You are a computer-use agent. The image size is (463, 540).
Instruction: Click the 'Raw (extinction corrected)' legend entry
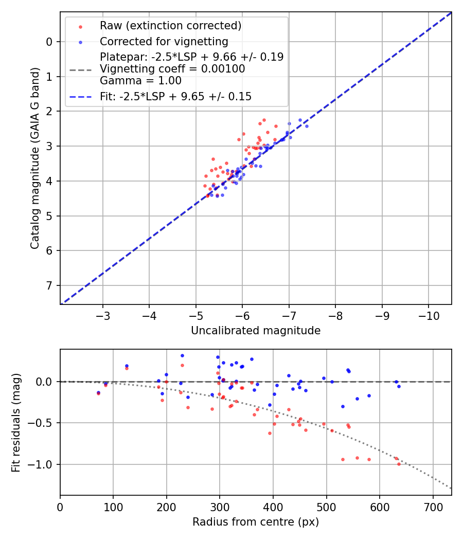pyautogui.click(x=170, y=26)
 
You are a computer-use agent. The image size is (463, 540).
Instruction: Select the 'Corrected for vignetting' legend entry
pyautogui.click(x=164, y=41)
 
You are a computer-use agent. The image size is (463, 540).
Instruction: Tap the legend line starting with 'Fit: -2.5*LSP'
pyautogui.click(x=175, y=96)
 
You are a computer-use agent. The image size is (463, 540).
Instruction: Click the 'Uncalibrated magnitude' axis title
pyautogui.click(x=256, y=331)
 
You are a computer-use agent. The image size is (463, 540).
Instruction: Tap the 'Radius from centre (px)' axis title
pyautogui.click(x=256, y=522)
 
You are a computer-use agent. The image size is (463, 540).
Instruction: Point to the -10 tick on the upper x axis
pyautogui.click(x=429, y=314)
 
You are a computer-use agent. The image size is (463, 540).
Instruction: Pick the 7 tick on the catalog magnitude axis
pyautogui.click(x=49, y=285)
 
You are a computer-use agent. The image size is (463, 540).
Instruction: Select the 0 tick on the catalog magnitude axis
pyautogui.click(x=49, y=42)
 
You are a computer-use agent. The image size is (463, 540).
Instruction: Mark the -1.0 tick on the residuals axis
pyautogui.click(x=43, y=464)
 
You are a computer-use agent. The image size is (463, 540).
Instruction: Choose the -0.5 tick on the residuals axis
pyautogui.click(x=43, y=423)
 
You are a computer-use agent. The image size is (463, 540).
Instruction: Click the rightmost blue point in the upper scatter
pyautogui.click(x=307, y=126)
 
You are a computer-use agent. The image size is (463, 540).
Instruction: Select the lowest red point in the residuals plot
pyautogui.click(x=399, y=464)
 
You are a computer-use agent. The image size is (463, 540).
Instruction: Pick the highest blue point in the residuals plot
pyautogui.click(x=182, y=355)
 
